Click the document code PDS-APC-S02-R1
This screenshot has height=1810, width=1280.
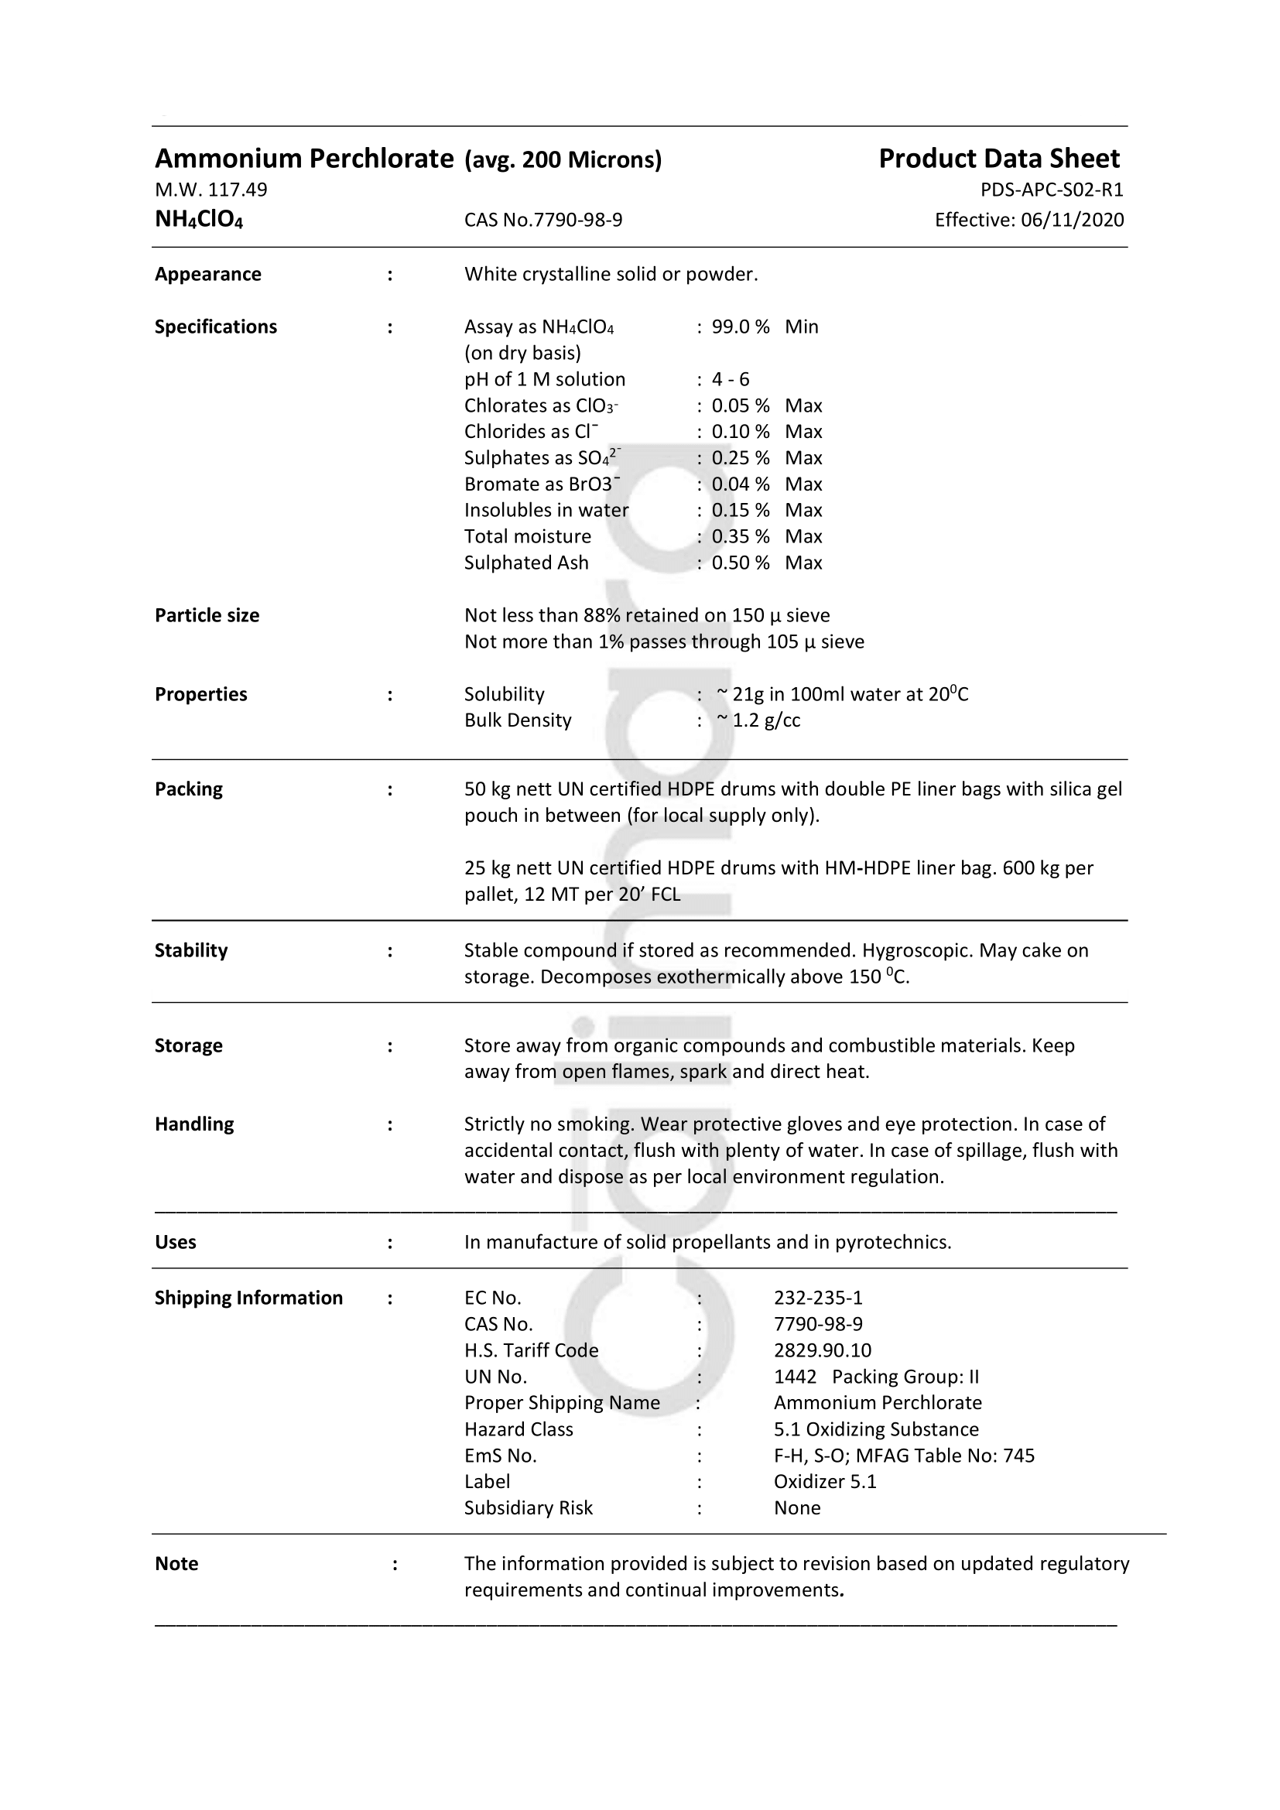click(1052, 190)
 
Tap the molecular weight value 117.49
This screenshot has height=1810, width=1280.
click(238, 190)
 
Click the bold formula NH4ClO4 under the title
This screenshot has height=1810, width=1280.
click(199, 219)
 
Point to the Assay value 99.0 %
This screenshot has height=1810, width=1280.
click(740, 327)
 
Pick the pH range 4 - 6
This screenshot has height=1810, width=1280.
click(730, 380)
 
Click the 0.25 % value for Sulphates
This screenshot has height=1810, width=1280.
click(740, 458)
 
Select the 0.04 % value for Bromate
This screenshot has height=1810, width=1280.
click(740, 484)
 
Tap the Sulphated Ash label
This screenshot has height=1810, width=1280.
click(525, 563)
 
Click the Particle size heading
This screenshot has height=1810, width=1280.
click(207, 616)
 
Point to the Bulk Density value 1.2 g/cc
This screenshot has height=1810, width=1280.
click(766, 720)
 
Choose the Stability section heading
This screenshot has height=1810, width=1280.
click(190, 951)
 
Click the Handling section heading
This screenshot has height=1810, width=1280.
click(194, 1124)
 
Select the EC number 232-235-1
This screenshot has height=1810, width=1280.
click(817, 1298)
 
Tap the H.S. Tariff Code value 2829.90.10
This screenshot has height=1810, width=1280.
click(822, 1351)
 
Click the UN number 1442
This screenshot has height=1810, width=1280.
click(795, 1377)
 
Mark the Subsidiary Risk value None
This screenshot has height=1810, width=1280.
click(797, 1508)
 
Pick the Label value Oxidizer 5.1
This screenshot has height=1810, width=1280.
click(824, 1482)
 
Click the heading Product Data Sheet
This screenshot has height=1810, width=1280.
click(998, 159)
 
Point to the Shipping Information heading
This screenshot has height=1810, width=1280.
click(248, 1298)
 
